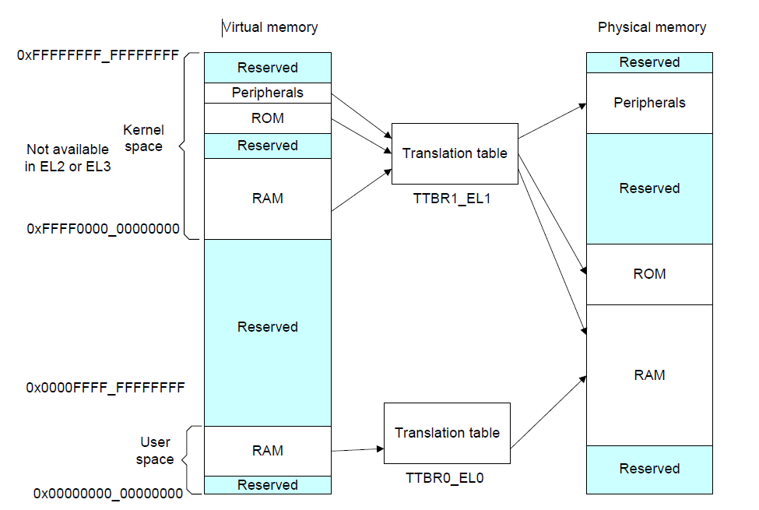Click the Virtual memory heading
(270, 27)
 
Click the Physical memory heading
(652, 27)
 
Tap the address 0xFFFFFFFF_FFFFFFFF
(98, 55)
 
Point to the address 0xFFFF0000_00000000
(104, 229)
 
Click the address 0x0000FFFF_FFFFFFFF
(105, 387)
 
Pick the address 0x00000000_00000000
(108, 493)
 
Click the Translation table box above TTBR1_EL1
(454, 153)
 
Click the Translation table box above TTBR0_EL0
(447, 433)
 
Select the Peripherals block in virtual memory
(267, 93)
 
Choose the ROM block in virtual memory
(267, 118)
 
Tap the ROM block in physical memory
(648, 274)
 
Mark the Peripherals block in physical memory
(648, 103)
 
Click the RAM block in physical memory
(648, 375)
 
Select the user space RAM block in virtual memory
(267, 450)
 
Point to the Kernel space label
(143, 139)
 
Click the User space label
(154, 451)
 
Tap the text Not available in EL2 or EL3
(68, 157)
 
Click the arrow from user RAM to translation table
(357, 449)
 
